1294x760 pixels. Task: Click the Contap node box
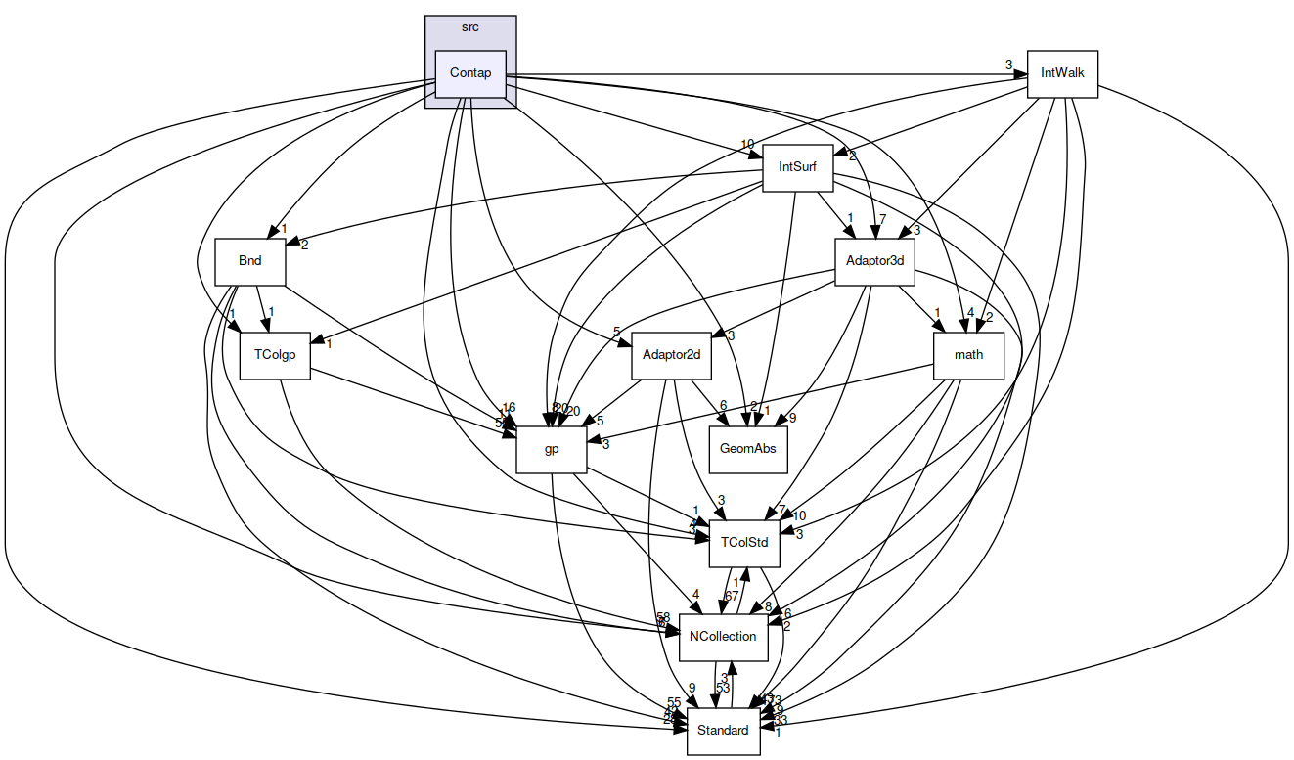469,73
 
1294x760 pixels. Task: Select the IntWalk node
1062,73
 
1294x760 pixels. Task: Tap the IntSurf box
797,167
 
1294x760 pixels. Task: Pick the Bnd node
249,262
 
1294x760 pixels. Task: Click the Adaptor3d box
873,262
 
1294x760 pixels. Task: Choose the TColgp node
274,354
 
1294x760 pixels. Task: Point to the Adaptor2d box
672,354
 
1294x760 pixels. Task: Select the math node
968,354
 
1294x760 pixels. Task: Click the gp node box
551,449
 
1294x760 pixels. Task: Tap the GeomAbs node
747,449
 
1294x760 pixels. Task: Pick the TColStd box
744,542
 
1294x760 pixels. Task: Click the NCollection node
723,636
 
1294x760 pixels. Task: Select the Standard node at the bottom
723,730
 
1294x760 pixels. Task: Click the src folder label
469,26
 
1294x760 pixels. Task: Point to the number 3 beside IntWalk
1008,66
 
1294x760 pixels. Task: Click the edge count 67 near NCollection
731,597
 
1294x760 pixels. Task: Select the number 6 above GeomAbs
723,406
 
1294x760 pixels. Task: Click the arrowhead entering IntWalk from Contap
1020,73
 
